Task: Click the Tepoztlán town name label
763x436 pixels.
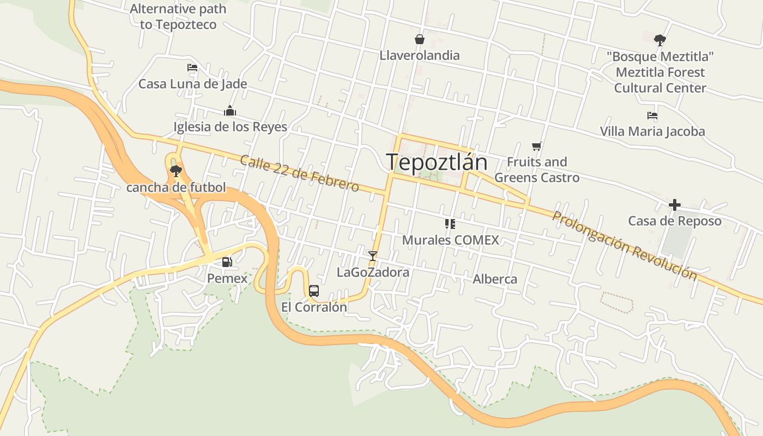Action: point(436,162)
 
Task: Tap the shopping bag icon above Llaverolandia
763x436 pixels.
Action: point(420,39)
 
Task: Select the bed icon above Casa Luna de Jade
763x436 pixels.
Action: point(192,68)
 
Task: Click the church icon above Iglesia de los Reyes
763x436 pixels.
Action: point(230,111)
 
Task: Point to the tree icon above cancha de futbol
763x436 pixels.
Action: point(175,171)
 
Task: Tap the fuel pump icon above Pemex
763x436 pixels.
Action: point(227,262)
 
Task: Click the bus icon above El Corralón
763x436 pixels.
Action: point(314,290)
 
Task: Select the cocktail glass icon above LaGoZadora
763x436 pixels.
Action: point(373,255)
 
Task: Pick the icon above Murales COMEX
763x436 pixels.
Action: point(450,223)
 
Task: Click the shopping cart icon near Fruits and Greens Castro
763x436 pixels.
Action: point(537,146)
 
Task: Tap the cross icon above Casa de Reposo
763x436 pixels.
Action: point(675,205)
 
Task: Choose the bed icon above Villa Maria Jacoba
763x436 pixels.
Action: point(652,116)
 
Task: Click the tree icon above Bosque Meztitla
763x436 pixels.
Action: point(660,40)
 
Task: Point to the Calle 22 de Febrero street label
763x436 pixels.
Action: point(299,174)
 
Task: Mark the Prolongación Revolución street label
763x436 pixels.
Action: point(625,245)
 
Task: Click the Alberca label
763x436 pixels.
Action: point(495,280)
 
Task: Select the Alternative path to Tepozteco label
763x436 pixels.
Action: point(178,17)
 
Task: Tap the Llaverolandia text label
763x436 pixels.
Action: point(420,56)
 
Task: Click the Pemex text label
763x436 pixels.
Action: point(227,278)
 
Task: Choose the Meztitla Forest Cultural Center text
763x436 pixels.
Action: point(660,80)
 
